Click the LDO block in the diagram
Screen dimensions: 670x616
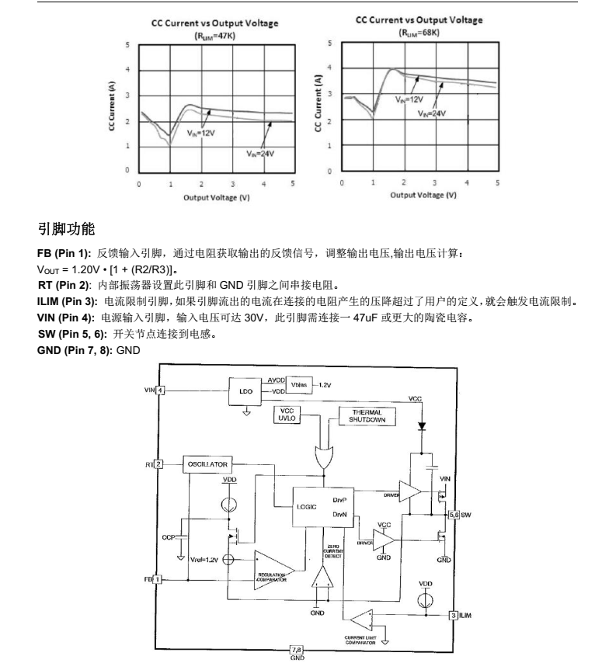coord(245,391)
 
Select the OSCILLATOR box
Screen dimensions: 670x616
coord(207,464)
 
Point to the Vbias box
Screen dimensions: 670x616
coord(299,384)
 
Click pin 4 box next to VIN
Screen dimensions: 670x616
coord(161,390)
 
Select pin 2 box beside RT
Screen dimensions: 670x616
coord(158,464)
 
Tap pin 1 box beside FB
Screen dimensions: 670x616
coord(158,578)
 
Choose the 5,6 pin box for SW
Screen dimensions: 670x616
coord(453,514)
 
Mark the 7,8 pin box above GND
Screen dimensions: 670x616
coord(296,648)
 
